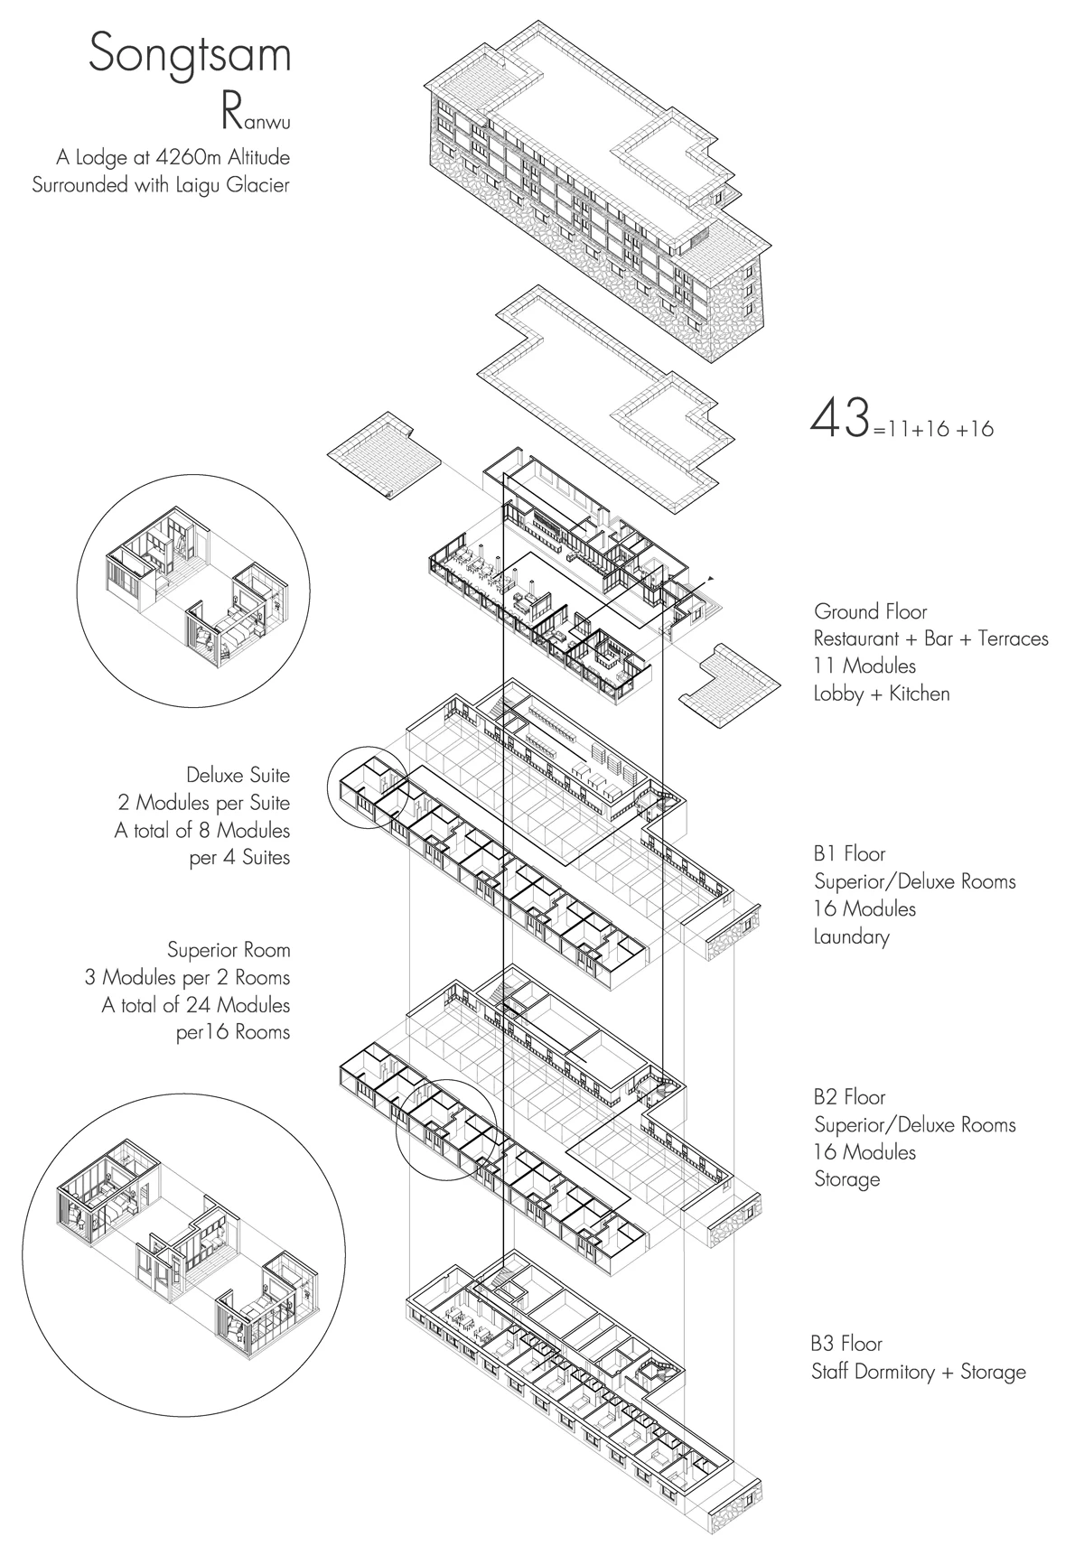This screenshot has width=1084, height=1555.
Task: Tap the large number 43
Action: pyautogui.click(x=840, y=419)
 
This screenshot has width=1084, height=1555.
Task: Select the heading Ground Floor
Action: pyautogui.click(x=870, y=611)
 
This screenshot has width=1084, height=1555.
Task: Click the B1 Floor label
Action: pyautogui.click(x=849, y=853)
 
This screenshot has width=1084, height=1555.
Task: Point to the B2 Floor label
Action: pyautogui.click(x=849, y=1097)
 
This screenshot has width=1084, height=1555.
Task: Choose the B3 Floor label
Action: pyautogui.click(x=848, y=1344)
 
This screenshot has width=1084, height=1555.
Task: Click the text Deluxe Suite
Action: pyautogui.click(x=238, y=775)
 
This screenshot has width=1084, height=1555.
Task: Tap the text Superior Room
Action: pyautogui.click(x=229, y=950)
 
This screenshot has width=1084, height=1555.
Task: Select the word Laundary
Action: pyautogui.click(x=852, y=936)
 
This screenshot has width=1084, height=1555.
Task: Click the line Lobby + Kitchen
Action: pyautogui.click(x=882, y=694)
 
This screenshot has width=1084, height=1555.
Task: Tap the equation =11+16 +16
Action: pyautogui.click(x=934, y=429)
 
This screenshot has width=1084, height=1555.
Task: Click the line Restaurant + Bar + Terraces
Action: pyautogui.click(x=930, y=638)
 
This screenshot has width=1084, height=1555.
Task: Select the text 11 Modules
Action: pyautogui.click(x=864, y=666)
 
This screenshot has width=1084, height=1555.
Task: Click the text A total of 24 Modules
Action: pyautogui.click(x=196, y=1004)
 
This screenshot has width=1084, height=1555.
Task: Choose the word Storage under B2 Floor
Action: pyautogui.click(x=846, y=1179)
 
